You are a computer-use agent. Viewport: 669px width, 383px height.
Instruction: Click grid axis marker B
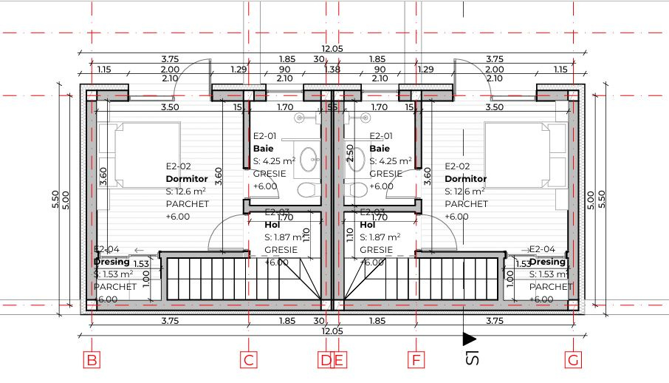coord(92,361)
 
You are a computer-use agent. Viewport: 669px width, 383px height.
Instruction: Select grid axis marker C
coord(250,361)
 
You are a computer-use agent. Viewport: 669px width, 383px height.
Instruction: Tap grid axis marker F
coord(416,361)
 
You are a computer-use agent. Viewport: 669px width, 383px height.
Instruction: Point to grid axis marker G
coord(574,361)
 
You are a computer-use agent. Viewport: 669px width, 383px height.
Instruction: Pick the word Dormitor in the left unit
coord(186,179)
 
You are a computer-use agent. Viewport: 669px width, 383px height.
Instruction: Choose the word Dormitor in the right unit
coord(466,179)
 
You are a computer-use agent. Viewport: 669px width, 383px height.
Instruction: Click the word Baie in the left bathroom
coord(263,148)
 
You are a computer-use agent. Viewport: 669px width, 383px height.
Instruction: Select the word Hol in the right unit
coord(367,225)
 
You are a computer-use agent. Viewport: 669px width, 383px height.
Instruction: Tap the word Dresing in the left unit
coord(111,262)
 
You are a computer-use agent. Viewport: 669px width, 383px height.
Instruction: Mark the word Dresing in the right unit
coord(548,262)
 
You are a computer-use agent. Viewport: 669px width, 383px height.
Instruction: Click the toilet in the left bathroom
coord(306,189)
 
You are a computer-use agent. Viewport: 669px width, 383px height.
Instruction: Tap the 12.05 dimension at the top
coord(334,49)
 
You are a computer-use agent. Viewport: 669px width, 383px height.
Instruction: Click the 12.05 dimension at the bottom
coord(332,331)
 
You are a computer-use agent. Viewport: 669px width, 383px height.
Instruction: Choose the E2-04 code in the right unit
coord(543,249)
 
